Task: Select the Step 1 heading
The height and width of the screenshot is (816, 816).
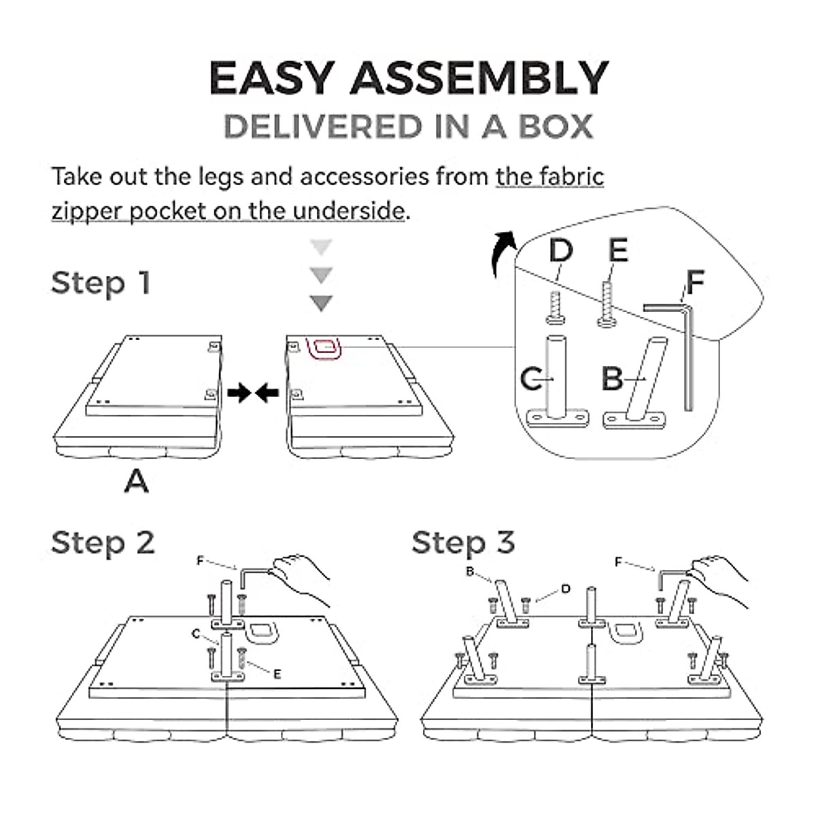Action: point(101,283)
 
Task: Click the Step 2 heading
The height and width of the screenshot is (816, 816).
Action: point(103,543)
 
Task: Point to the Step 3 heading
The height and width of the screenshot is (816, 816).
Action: point(463,543)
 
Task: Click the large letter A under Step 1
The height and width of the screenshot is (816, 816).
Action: point(137,482)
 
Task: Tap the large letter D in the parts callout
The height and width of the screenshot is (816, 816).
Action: point(561,251)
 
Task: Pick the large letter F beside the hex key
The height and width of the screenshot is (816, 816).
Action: point(695,282)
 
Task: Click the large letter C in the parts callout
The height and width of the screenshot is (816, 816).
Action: point(531,379)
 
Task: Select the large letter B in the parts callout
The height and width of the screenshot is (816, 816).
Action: point(613,379)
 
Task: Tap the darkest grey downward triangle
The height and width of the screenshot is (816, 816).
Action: point(321,303)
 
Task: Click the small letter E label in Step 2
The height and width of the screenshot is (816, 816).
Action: point(277,674)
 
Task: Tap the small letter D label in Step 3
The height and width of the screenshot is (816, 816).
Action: point(565,589)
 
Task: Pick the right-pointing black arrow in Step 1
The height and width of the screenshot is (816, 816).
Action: point(239,392)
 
